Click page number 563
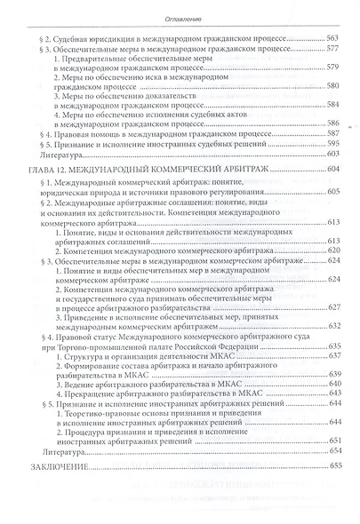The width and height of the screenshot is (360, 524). click(x=332, y=40)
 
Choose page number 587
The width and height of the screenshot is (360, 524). click(x=332, y=154)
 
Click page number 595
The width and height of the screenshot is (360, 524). click(x=332, y=167)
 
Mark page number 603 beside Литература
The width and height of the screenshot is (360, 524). click(x=332, y=179)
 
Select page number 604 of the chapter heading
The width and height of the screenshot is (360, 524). click(x=332, y=194)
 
